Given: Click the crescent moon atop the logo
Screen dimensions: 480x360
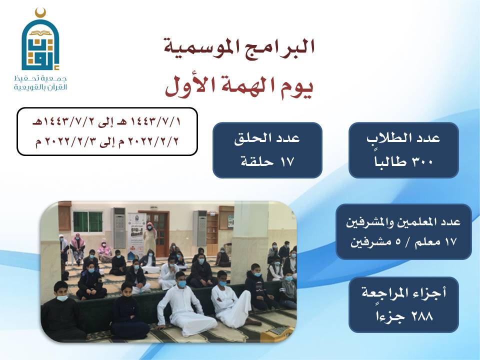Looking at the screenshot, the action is coord(40,13).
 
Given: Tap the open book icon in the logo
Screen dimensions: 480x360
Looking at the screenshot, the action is coord(40,32).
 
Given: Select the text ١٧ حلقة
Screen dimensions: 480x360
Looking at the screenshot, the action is coord(267,161).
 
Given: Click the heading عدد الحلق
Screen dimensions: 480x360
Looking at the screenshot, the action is coord(267,138).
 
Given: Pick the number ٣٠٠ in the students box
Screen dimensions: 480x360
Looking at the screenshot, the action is coord(422,161).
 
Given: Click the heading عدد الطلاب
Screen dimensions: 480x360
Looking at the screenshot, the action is coord(403,138).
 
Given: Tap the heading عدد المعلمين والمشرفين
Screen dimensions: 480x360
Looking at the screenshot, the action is coord(403,221).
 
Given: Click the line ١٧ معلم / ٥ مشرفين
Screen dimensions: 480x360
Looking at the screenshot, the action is coord(403,242).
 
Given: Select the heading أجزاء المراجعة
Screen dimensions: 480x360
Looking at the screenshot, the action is coord(404,293).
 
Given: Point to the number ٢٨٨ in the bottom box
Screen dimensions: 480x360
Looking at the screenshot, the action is coord(422,315).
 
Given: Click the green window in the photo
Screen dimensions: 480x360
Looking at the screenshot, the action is coord(88,221).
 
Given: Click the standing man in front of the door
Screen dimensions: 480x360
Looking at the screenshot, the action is coord(149,237).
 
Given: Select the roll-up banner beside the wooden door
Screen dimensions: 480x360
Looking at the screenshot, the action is coord(136,233).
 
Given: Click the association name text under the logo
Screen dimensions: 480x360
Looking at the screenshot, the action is coord(40,83).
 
